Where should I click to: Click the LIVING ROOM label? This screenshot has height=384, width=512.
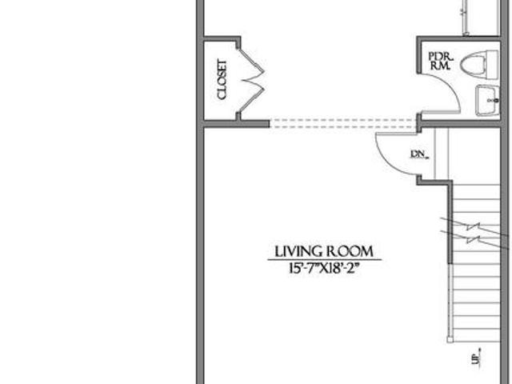click(324, 252)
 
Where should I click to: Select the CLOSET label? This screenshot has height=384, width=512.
click(222, 80)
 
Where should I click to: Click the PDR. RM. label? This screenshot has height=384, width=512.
click(441, 61)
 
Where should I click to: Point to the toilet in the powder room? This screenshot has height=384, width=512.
click(479, 64)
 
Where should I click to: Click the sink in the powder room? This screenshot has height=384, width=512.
click(487, 100)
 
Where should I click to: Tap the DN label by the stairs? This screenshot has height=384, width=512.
click(419, 154)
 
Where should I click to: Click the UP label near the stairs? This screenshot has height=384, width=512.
click(477, 357)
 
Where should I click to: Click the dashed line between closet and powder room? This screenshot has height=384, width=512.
click(343, 123)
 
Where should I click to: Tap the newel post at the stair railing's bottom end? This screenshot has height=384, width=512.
click(450, 340)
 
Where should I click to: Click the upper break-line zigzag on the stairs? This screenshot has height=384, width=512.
click(474, 226)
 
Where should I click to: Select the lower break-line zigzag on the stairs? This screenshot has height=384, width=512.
click(474, 240)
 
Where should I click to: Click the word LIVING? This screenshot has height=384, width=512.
click(297, 252)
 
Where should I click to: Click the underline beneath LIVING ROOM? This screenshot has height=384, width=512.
click(324, 260)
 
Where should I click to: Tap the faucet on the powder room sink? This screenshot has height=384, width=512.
click(493, 101)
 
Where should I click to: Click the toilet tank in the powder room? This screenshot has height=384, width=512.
click(493, 65)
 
